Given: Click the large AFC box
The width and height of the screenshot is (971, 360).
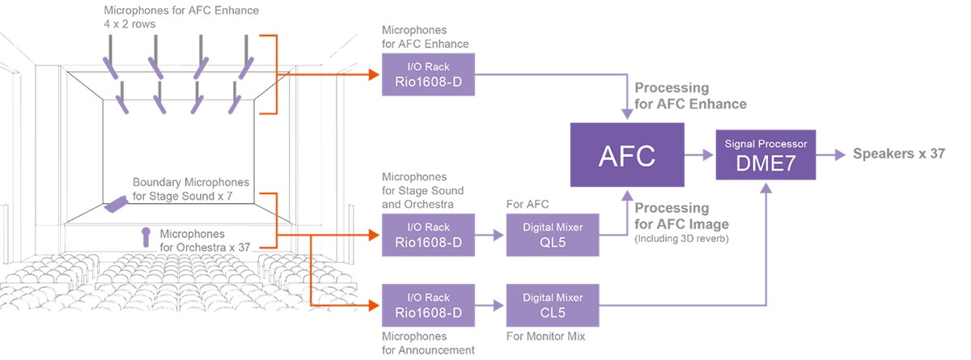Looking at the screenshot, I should click(x=627, y=156).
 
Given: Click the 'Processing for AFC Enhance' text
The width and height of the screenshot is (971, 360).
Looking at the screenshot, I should click(x=690, y=95).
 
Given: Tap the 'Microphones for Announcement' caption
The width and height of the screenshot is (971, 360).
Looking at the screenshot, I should click(x=427, y=342).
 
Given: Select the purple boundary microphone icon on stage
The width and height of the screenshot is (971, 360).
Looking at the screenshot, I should click(x=116, y=204).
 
